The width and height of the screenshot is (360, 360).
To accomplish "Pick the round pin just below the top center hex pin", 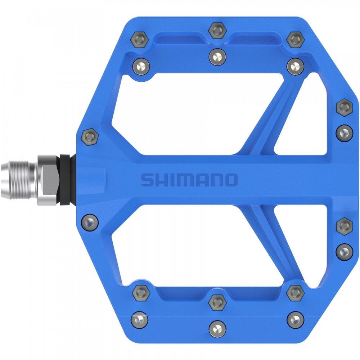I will click(217, 56).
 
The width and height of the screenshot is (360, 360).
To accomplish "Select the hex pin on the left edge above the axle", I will click(89, 136).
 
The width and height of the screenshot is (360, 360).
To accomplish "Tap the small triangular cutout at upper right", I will click(306, 119).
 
